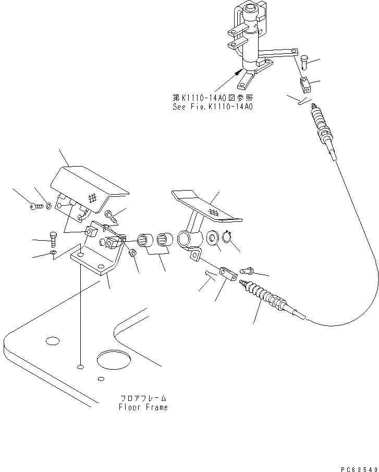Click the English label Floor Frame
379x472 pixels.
pyautogui.click(x=143, y=407)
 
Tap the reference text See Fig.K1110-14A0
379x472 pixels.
pyautogui.click(x=212, y=107)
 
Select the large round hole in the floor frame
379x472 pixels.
pyautogui.click(x=114, y=360)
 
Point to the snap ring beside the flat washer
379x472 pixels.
pyautogui.click(x=226, y=239)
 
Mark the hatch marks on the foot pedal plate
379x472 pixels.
pyautogui.click(x=213, y=211)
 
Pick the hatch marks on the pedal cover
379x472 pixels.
pyautogui.click(x=93, y=199)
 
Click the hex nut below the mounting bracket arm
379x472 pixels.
pyautogui.click(x=132, y=253)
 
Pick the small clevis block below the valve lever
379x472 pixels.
pyautogui.click(x=305, y=82)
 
